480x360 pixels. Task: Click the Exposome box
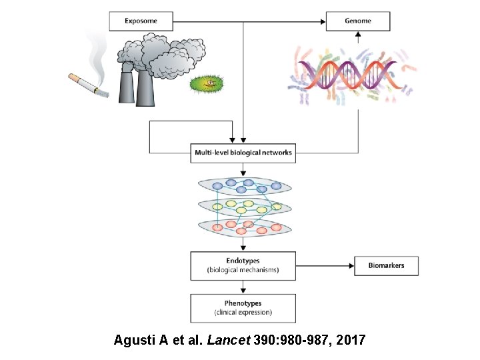pos(141,21)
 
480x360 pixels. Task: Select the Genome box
pos(358,21)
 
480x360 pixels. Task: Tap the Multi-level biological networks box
pos(243,153)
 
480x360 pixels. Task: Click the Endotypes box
pos(243,265)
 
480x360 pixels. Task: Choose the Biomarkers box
pos(386,265)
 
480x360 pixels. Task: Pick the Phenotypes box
pos(243,307)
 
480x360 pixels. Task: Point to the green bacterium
pos(208,84)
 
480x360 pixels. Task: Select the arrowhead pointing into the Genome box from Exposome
pos(321,21)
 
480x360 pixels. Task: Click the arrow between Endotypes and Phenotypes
pos(243,287)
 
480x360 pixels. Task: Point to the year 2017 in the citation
pos(351,340)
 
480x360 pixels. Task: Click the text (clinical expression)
pos(243,313)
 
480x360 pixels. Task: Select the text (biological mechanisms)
pos(243,271)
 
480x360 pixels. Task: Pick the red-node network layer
pos(243,227)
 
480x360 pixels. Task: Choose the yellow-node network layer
pos(243,207)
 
